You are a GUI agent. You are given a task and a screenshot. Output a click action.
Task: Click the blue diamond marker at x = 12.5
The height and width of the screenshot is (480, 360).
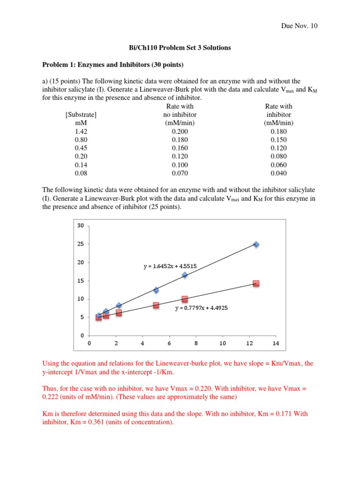pyautogui.click(x=256, y=244)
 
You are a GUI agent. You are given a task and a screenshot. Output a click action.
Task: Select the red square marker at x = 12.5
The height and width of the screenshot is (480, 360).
pyautogui.click(x=256, y=284)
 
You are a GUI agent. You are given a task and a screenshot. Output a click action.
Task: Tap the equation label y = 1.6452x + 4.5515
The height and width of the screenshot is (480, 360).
pyautogui.click(x=170, y=266)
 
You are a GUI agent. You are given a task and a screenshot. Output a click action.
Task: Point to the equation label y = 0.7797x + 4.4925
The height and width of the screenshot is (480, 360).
pyautogui.click(x=202, y=308)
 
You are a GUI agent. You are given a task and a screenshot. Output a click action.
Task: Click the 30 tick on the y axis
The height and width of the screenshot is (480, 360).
pyautogui.click(x=80, y=226)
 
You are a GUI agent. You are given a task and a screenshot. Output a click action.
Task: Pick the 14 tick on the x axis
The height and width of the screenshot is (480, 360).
pyautogui.click(x=276, y=343)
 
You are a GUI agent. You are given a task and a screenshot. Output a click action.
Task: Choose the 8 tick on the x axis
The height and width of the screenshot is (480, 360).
pyautogui.click(x=196, y=343)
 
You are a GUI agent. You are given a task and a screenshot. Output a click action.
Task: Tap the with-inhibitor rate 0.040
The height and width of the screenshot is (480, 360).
pyautogui.click(x=278, y=173)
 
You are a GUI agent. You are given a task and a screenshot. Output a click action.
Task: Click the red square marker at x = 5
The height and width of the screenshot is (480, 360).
pyautogui.click(x=156, y=305)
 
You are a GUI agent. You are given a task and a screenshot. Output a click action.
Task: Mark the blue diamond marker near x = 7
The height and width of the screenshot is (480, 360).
pyautogui.click(x=185, y=275)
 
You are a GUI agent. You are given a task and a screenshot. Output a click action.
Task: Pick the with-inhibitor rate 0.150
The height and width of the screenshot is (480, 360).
pyautogui.click(x=278, y=140)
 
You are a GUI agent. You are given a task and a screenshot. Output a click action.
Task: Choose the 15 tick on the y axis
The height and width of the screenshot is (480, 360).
pyautogui.click(x=80, y=281)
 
